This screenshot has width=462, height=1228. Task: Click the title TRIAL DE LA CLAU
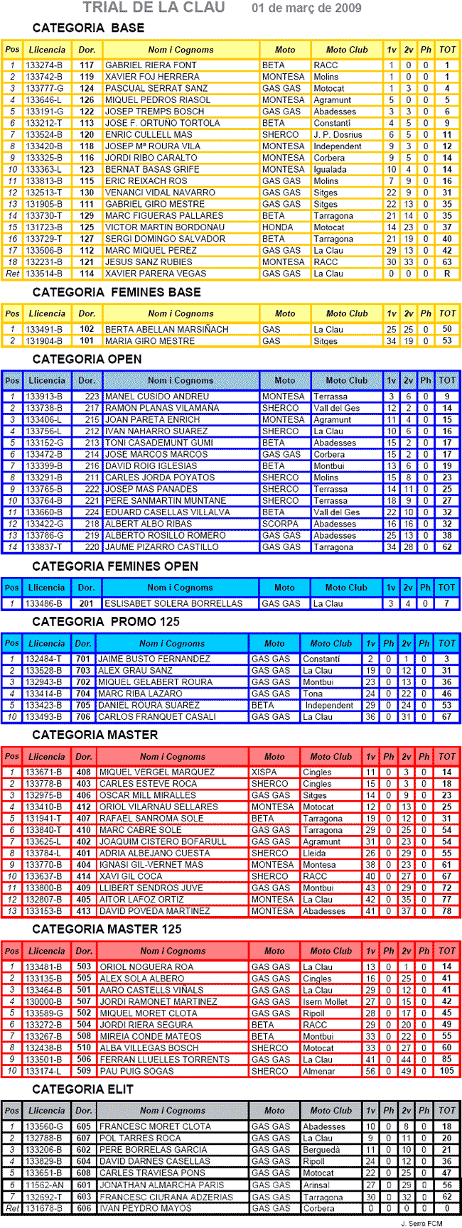(x=154, y=8)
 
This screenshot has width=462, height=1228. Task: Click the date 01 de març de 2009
(x=306, y=9)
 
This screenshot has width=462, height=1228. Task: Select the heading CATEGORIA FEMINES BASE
(x=117, y=292)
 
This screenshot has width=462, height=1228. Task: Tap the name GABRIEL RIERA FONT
(x=151, y=65)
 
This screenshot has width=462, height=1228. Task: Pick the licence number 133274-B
(x=44, y=65)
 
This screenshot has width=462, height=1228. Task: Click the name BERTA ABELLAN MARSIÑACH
(x=166, y=330)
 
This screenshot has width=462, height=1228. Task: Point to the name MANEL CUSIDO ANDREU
(x=157, y=397)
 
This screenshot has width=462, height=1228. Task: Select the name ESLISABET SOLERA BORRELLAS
(x=173, y=603)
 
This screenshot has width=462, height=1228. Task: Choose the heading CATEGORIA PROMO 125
(x=106, y=622)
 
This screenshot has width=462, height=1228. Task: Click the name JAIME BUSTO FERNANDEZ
(x=154, y=659)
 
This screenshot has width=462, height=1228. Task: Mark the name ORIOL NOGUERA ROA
(x=146, y=966)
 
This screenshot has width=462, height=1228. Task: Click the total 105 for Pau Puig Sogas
(x=446, y=1071)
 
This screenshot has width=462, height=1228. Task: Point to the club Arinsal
(x=317, y=1185)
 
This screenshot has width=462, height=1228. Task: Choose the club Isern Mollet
(x=325, y=1001)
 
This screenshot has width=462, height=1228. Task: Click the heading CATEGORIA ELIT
(x=83, y=1089)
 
